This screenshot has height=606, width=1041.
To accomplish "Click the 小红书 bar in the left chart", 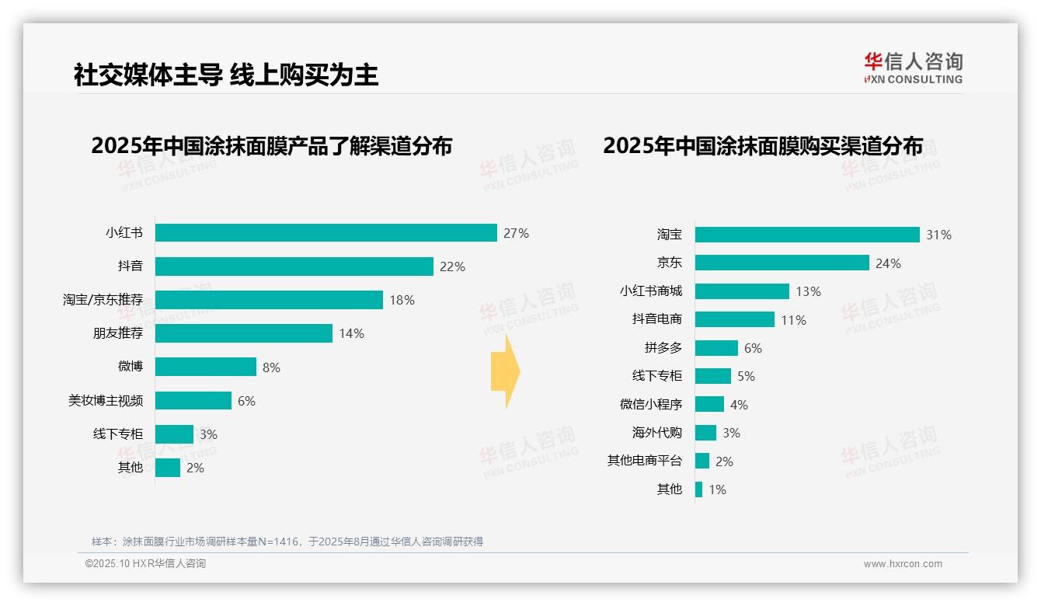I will [x=326, y=233].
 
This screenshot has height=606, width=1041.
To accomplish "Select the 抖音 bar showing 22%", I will [x=294, y=266].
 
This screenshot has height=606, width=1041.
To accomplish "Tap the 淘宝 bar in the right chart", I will [x=807, y=235].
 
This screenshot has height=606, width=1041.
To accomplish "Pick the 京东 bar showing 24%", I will [x=782, y=263].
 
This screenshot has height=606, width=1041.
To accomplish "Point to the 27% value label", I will [x=516, y=233].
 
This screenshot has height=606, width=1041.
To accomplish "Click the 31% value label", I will [x=938, y=235].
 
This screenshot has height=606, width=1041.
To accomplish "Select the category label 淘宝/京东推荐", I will [x=103, y=300].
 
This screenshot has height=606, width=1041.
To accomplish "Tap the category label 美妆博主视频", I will [x=106, y=401].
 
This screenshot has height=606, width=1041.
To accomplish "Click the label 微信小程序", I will [x=651, y=405].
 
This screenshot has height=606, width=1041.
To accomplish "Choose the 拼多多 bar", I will [x=716, y=348].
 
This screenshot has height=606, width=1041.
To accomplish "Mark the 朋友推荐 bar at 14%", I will [x=243, y=333].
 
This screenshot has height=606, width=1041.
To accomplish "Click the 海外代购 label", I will [x=657, y=433].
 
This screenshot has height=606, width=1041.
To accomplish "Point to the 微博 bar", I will [x=205, y=367].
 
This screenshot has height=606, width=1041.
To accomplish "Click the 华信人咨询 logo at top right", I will [x=914, y=68].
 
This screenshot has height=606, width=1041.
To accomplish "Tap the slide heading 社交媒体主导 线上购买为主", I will [x=226, y=75].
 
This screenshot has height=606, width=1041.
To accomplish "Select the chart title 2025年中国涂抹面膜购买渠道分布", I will [x=763, y=146].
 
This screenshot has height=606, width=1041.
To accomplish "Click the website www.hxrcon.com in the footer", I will [x=903, y=564].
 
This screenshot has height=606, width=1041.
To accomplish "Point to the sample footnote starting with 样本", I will [x=287, y=542].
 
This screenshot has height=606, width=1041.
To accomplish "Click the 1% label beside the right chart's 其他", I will [x=717, y=489].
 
